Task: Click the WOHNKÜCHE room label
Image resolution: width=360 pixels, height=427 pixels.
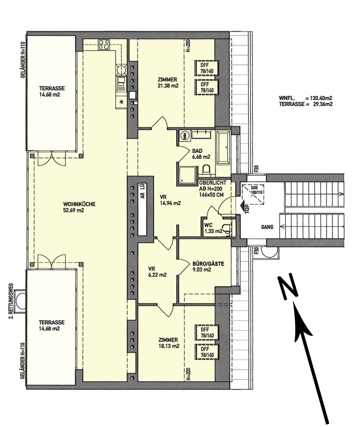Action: [x=79, y=204]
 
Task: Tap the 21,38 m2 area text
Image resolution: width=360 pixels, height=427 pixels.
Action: [x=168, y=86]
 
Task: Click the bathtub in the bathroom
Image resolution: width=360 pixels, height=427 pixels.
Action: [x=223, y=147]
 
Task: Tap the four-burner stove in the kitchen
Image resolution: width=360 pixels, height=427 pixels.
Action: [x=104, y=44]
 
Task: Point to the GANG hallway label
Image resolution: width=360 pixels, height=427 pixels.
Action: [x=267, y=227]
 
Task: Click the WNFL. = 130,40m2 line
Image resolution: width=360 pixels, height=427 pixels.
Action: [x=306, y=98]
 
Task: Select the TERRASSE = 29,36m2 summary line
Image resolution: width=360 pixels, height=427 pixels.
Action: [x=306, y=104]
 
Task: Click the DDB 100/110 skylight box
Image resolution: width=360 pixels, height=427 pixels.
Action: [x=254, y=194]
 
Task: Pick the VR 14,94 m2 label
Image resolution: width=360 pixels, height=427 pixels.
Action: [x=170, y=200]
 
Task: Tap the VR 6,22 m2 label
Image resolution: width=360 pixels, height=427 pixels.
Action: [x=157, y=272]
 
